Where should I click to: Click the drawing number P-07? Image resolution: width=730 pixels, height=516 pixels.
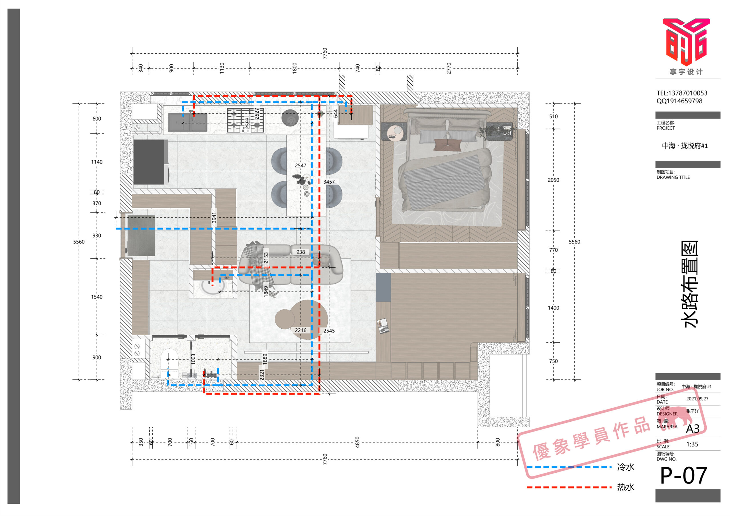(x=683, y=476)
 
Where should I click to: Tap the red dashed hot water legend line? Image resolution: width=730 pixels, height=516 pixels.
(x=569, y=487)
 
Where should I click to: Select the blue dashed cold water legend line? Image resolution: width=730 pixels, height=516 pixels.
(x=569, y=467)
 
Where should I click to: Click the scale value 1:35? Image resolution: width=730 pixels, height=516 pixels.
(x=692, y=444)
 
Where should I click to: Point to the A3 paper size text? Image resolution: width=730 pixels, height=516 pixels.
(x=692, y=429)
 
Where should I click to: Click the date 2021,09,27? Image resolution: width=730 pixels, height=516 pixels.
(x=697, y=399)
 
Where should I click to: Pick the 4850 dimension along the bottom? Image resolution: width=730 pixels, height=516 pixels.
(x=357, y=442)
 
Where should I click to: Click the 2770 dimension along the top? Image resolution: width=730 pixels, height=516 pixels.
(x=449, y=68)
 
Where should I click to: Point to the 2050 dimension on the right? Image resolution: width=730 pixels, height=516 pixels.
(x=553, y=180)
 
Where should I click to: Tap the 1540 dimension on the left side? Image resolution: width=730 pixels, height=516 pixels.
(x=97, y=297)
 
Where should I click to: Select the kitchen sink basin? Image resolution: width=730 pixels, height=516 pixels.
(x=187, y=122)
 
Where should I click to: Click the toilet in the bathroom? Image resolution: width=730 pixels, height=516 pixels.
(x=169, y=363)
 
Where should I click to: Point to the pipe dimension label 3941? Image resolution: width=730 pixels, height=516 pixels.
(x=214, y=218)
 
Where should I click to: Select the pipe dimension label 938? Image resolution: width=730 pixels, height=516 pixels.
(x=301, y=252)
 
